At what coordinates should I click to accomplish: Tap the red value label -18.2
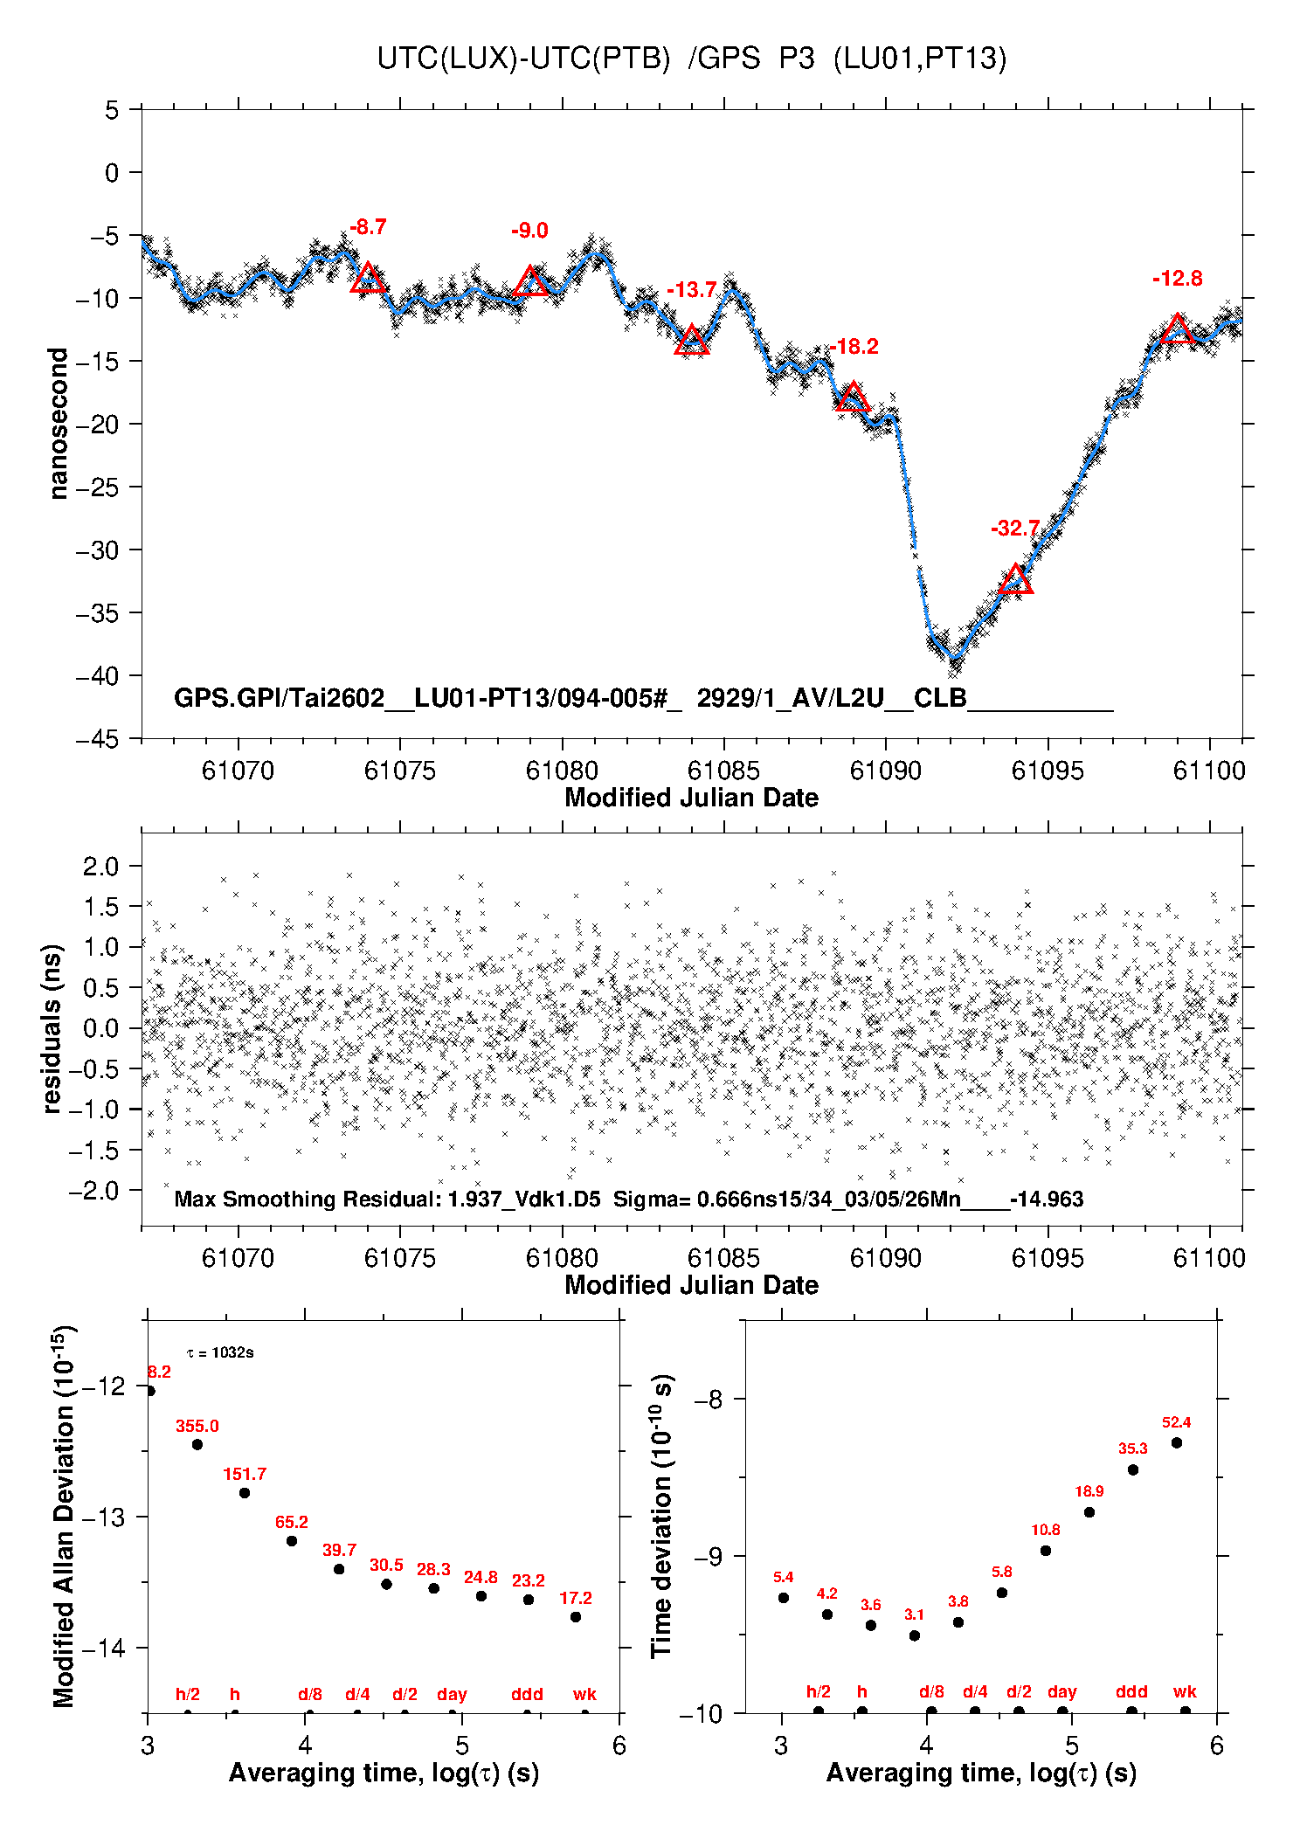(854, 347)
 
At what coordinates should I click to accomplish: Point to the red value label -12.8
(1177, 279)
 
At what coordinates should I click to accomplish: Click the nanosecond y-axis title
(59, 424)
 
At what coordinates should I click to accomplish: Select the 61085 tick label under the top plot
(723, 771)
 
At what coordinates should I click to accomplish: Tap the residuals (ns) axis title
(52, 1028)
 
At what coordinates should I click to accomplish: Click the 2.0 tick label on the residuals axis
(100, 867)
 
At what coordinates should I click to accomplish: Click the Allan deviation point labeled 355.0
(197, 1444)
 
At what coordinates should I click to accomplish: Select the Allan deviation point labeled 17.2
(576, 1617)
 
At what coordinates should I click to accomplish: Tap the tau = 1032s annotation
(220, 1353)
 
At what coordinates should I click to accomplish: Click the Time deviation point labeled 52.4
(1177, 1442)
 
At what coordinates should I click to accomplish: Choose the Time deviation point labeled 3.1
(915, 1635)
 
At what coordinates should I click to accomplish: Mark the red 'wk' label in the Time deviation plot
(1185, 1692)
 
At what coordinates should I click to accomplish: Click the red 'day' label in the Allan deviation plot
(452, 1694)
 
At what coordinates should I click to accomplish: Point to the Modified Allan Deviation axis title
(63, 1516)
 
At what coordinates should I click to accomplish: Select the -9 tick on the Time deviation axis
(709, 1556)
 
